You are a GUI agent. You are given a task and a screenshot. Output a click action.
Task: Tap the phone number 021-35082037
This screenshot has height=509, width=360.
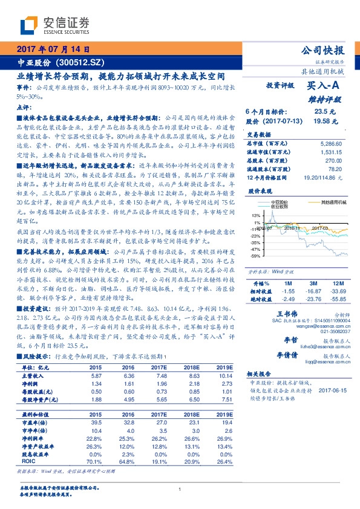click(x=332, y=331)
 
